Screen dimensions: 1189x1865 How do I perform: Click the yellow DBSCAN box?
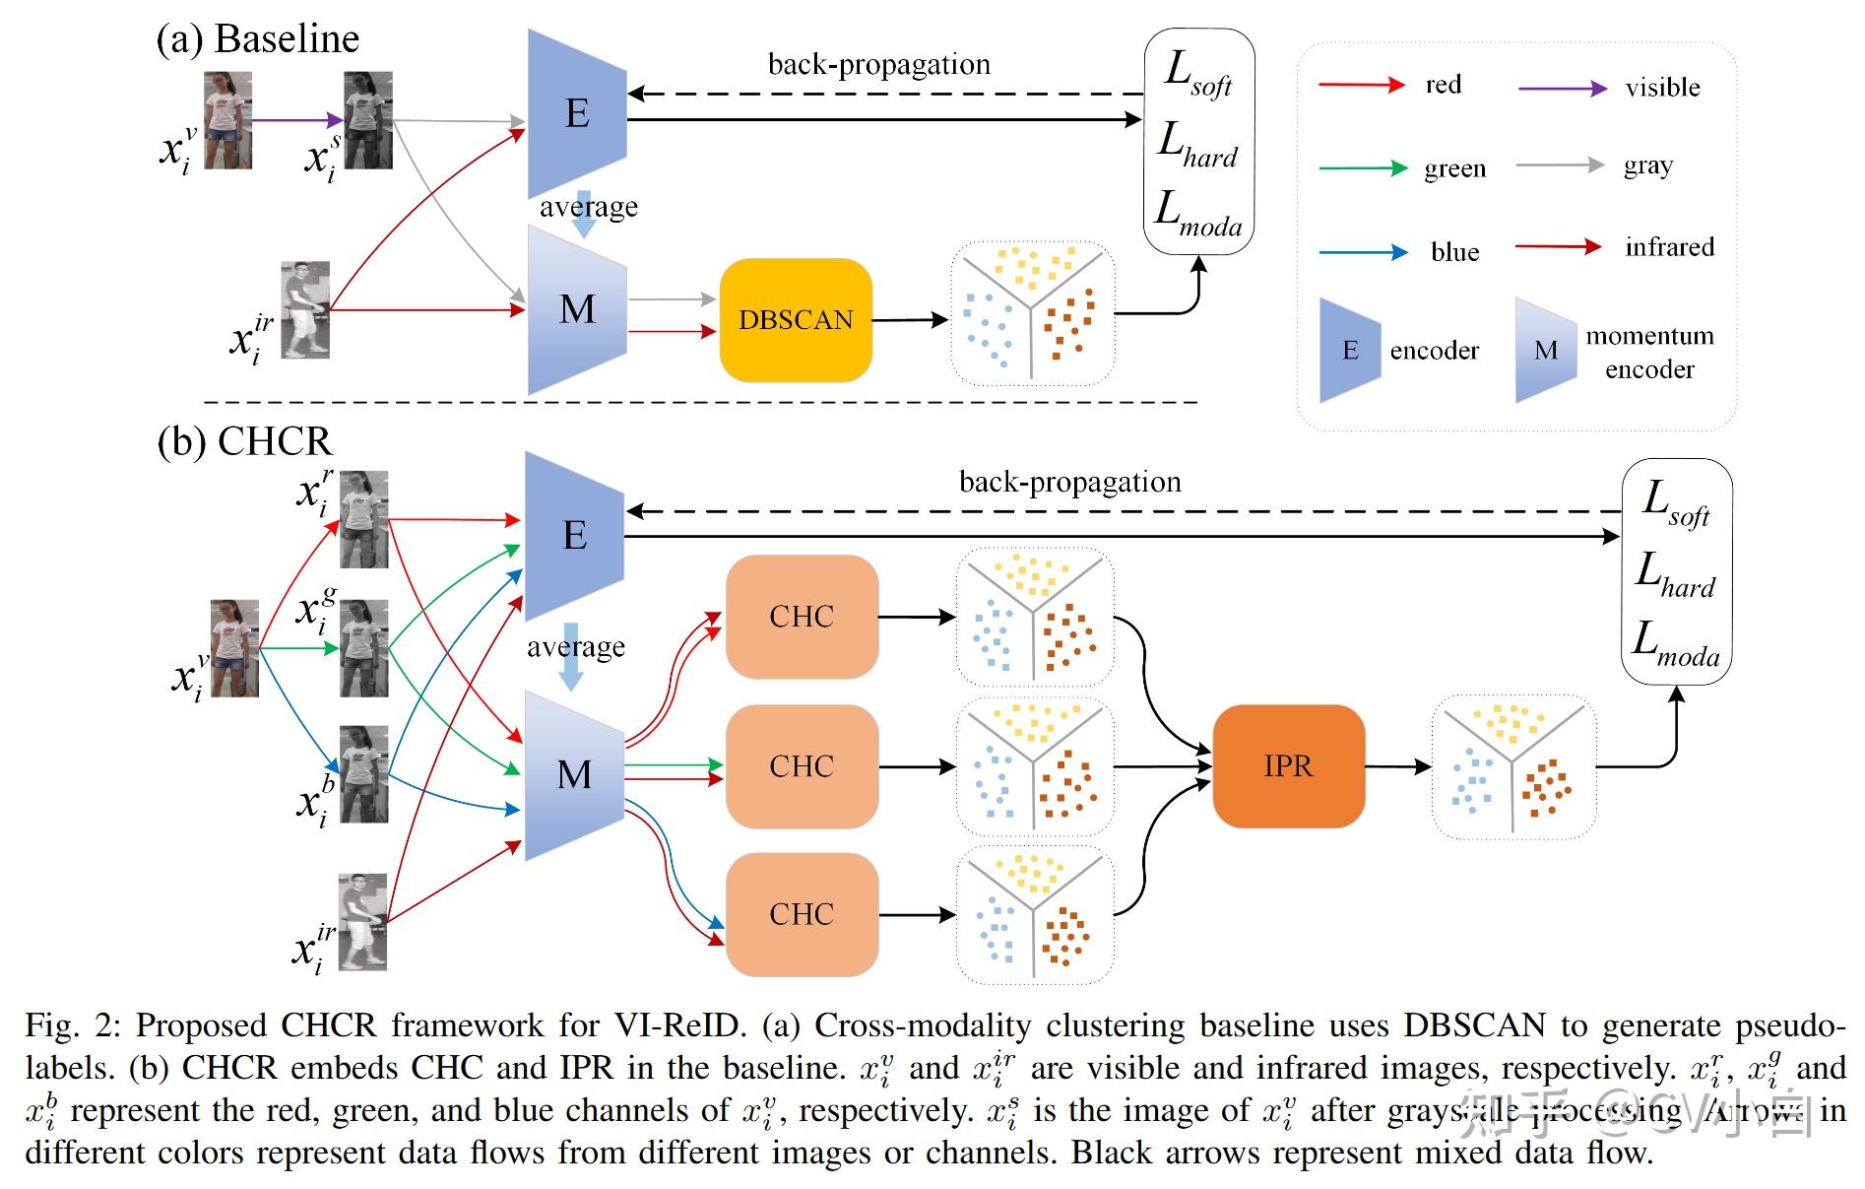(796, 320)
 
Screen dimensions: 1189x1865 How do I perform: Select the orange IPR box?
(1288, 765)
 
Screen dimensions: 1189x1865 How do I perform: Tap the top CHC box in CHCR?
(802, 617)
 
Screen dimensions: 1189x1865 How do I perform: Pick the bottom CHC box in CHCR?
(802, 914)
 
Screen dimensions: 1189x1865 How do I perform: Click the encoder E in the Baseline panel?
(577, 113)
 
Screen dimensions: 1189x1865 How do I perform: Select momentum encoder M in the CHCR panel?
(575, 775)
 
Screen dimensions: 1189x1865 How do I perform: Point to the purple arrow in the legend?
(1562, 89)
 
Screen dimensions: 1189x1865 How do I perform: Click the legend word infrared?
(1669, 246)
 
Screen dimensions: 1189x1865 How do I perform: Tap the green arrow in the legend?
(1363, 168)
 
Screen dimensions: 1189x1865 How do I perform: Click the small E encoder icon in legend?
(1349, 350)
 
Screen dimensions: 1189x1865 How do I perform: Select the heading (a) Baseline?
(258, 39)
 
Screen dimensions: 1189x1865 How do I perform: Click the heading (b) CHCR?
(245, 440)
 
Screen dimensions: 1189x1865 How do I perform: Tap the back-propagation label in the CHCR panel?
(1069, 482)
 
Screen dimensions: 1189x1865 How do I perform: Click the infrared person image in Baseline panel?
(305, 309)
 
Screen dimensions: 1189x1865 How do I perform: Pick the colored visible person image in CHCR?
(234, 648)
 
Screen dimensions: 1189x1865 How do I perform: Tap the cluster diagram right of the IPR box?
(1512, 766)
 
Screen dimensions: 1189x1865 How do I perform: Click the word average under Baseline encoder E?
(588, 207)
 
